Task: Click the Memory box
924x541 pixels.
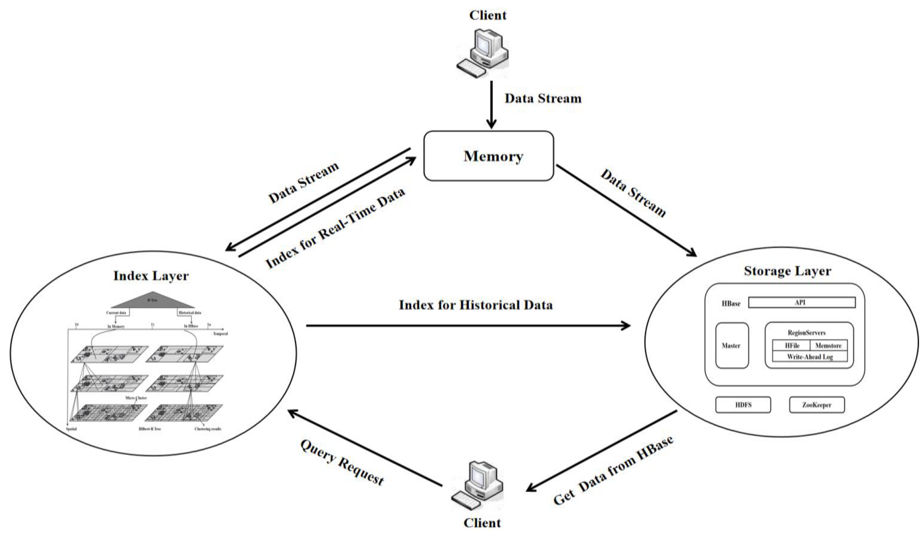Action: [x=488, y=156]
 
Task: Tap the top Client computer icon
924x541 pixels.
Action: [x=482, y=53]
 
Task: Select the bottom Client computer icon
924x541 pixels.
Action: [x=477, y=486]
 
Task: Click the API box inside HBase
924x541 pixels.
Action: [x=801, y=302]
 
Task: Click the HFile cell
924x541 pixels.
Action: [x=792, y=345]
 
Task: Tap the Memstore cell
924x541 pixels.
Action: [x=828, y=345]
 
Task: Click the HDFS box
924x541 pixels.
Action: [x=743, y=405]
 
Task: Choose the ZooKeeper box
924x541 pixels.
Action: [x=817, y=405]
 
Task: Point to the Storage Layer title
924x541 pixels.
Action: [x=787, y=271]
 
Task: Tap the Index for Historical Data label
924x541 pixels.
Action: [x=476, y=305]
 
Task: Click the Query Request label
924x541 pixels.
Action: [x=342, y=463]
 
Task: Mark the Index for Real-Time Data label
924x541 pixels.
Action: [x=335, y=228]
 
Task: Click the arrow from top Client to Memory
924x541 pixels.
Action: [x=491, y=104]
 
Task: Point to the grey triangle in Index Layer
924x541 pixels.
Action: [x=152, y=301]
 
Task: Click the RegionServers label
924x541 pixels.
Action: [x=807, y=333]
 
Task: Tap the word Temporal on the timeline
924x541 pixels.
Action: [x=220, y=333]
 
